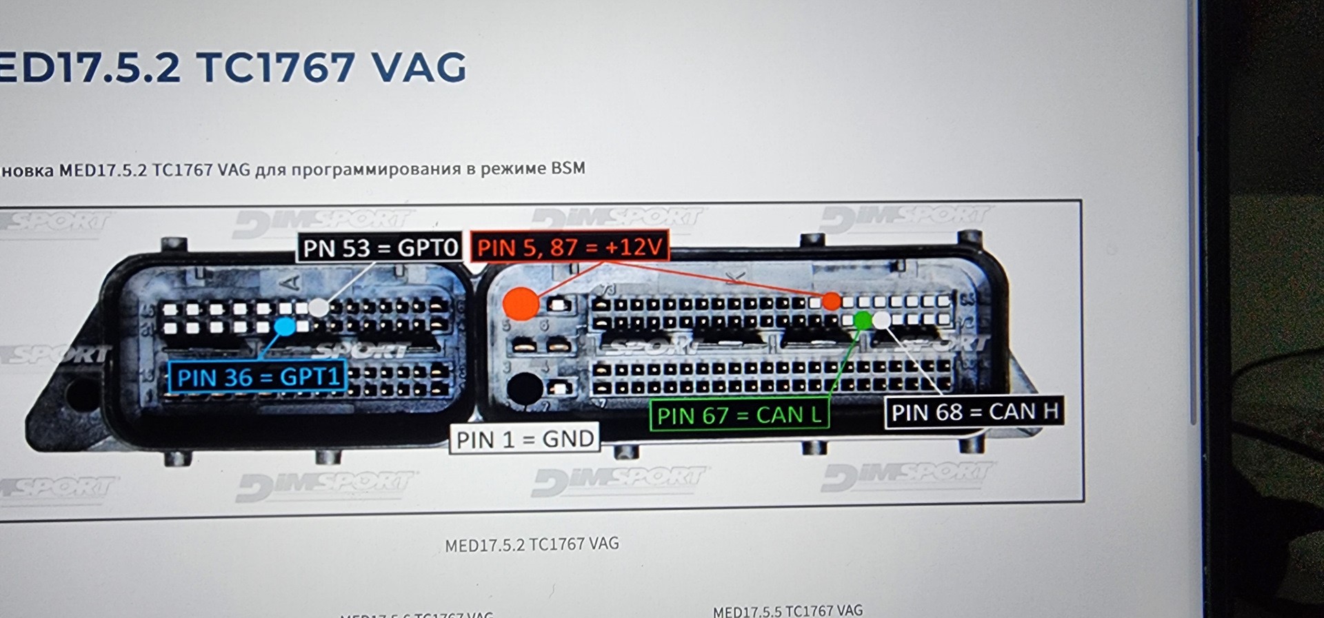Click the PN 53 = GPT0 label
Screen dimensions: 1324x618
point(380,247)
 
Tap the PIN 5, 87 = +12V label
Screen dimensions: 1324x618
point(570,247)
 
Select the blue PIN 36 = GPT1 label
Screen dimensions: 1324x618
point(258,377)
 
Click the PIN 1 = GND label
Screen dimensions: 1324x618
point(525,439)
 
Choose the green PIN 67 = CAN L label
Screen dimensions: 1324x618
point(739,415)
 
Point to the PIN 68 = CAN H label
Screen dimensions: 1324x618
point(974,412)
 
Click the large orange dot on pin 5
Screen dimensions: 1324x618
point(521,303)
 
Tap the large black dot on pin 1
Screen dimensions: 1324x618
point(524,389)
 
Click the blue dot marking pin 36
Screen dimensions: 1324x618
point(285,326)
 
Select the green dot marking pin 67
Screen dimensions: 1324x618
point(862,320)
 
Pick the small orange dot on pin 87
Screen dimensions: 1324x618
point(832,301)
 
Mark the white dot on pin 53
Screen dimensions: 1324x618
point(318,307)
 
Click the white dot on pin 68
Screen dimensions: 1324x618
point(881,320)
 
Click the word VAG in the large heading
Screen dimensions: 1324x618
point(419,68)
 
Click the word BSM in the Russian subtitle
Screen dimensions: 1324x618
point(568,168)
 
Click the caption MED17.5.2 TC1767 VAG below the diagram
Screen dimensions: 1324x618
point(532,545)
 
